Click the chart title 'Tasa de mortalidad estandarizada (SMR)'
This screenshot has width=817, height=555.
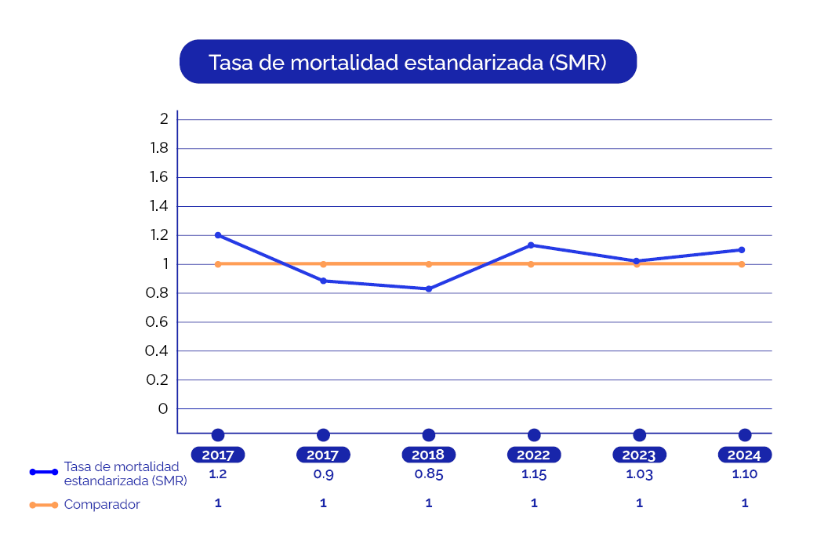click(408, 63)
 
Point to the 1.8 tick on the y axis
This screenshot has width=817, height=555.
click(160, 148)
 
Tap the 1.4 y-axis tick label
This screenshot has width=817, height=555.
click(160, 206)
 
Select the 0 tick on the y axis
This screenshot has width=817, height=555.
click(163, 408)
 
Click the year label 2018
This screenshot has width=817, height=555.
click(428, 455)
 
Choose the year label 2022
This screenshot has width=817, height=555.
click(534, 455)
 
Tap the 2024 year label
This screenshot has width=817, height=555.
click(745, 455)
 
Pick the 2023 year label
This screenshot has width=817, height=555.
click(639, 455)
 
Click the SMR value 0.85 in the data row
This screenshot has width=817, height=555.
click(428, 474)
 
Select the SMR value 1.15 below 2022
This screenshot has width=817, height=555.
click(534, 474)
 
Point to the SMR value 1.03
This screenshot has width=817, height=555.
click(639, 474)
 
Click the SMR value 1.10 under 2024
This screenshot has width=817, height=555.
click(745, 474)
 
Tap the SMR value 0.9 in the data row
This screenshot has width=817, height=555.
click(323, 474)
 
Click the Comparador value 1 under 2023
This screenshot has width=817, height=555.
click(639, 503)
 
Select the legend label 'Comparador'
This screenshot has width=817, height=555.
click(102, 505)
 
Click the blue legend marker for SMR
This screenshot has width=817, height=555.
click(44, 472)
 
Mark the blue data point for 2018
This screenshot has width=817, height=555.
click(428, 289)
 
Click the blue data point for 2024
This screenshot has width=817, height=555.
click(742, 250)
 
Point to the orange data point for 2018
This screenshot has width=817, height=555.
click(428, 264)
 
